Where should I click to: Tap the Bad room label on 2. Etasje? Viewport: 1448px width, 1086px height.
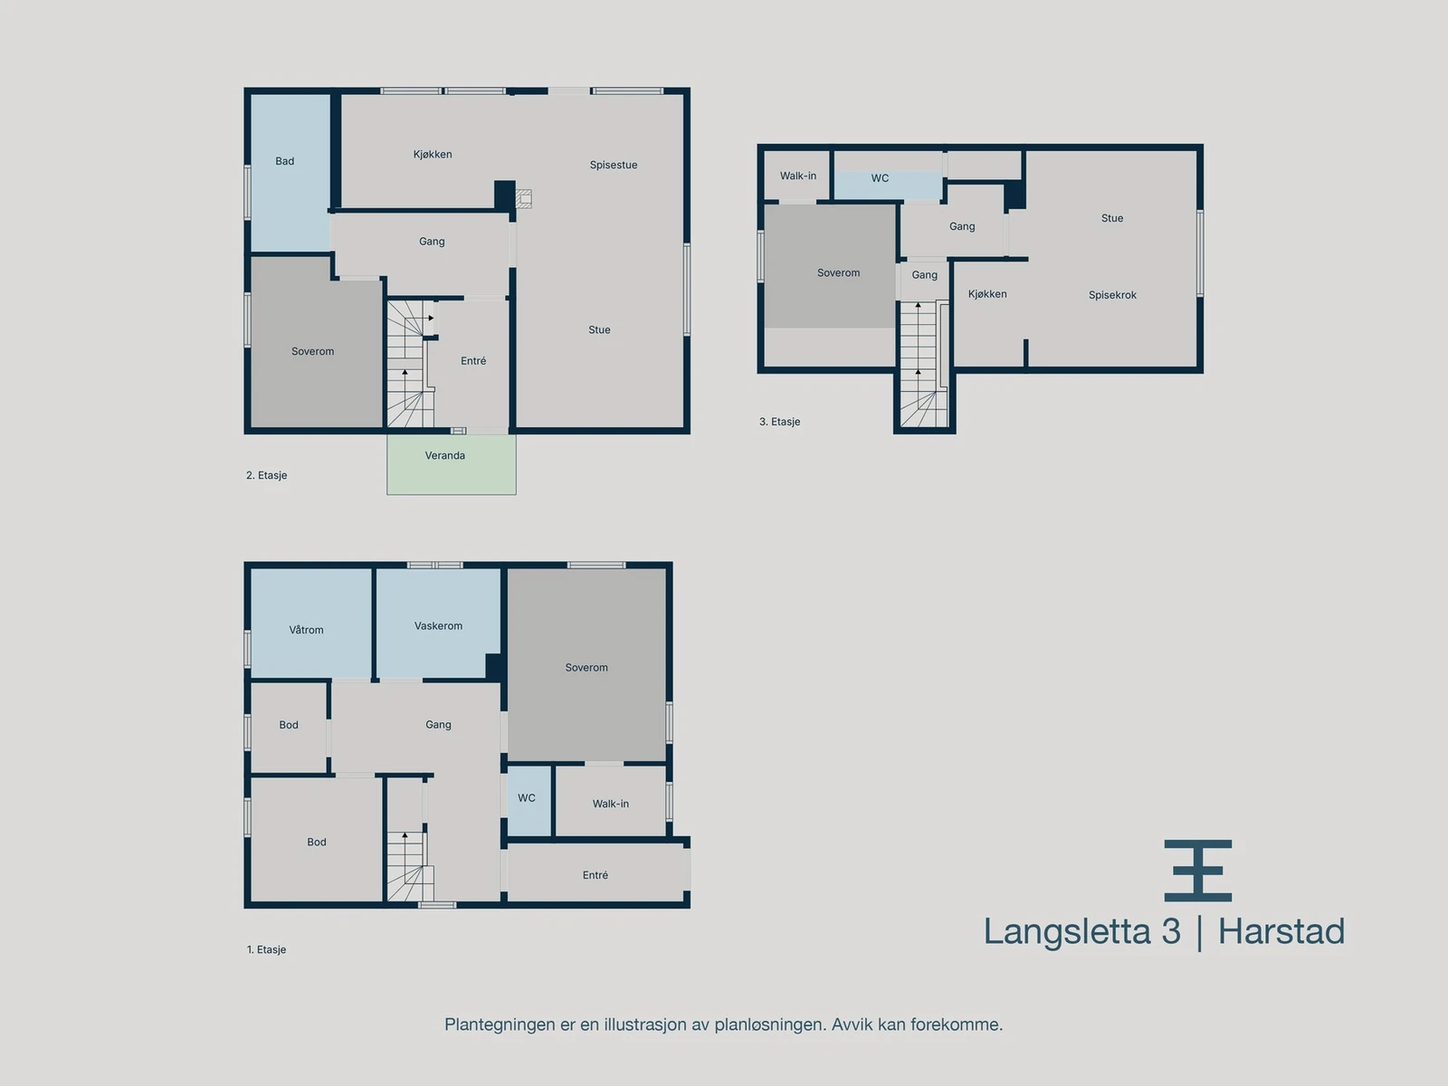click(x=284, y=161)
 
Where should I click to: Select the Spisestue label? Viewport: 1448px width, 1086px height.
click(x=613, y=165)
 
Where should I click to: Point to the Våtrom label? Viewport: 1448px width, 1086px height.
click(x=306, y=630)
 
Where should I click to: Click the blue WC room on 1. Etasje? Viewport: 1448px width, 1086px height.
click(x=528, y=800)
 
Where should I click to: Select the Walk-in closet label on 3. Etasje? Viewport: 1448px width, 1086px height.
click(x=797, y=176)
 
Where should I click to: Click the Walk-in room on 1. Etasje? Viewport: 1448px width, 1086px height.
click(x=610, y=804)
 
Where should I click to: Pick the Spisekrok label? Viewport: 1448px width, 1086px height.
click(x=1112, y=295)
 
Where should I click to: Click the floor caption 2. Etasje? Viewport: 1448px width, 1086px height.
click(x=266, y=475)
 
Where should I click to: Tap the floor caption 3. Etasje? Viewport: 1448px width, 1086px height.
click(x=779, y=422)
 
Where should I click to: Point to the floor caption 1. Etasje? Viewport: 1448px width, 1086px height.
click(x=266, y=949)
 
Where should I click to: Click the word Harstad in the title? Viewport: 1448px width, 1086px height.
click(x=1281, y=932)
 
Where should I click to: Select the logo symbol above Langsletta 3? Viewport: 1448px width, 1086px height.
click(x=1197, y=870)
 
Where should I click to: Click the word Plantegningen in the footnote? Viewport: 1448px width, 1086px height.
click(x=499, y=1024)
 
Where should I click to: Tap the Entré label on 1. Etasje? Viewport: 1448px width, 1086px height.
click(x=595, y=875)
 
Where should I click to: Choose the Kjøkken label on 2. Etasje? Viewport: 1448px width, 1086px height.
click(x=433, y=154)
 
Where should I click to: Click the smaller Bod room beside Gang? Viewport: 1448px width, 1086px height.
click(x=288, y=725)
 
